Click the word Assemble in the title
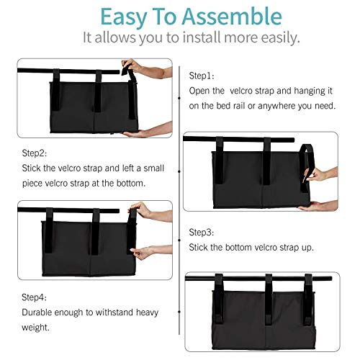[232, 17]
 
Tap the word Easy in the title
[124, 17]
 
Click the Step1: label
[202, 76]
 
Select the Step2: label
[35, 153]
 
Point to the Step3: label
[202, 233]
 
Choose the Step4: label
[34, 297]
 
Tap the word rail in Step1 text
[238, 106]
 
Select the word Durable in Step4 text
[37, 312]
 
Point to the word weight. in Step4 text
[35, 328]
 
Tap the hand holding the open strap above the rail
[132, 66]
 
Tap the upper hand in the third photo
[140, 210]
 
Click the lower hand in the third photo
[142, 253]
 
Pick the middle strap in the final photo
[269, 300]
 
